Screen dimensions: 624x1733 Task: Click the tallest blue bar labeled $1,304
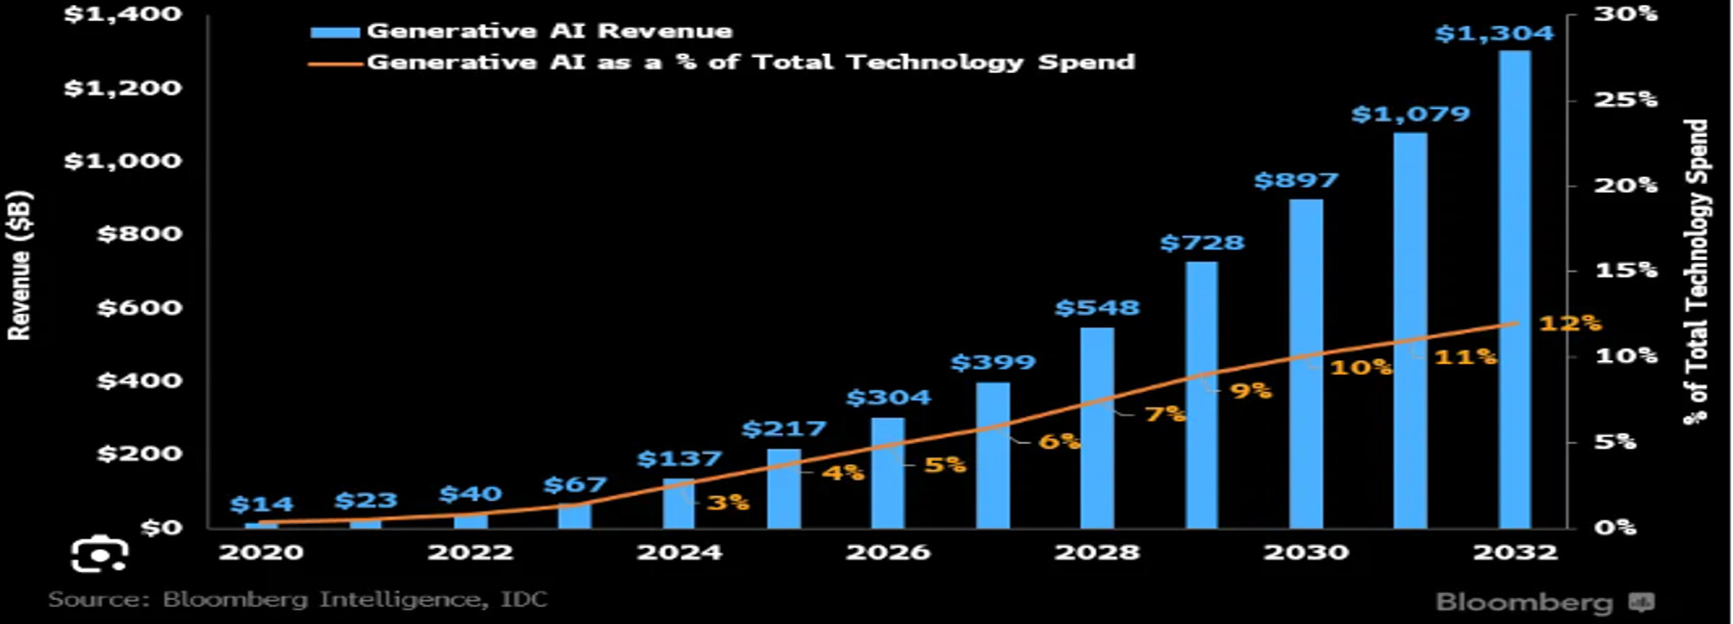[x=1515, y=289]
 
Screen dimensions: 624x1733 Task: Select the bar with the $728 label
[x=1201, y=395]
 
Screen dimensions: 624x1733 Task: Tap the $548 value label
[x=1097, y=308]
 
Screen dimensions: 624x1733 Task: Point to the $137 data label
[x=679, y=459]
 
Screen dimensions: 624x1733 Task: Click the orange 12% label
[x=1569, y=324]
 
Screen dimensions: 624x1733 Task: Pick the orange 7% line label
[x=1164, y=414]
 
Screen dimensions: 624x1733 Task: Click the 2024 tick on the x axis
[x=679, y=553]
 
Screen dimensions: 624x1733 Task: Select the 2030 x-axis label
[x=1306, y=553]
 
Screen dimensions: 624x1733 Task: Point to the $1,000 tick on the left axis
[x=122, y=161]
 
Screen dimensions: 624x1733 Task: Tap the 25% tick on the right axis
[x=1626, y=99]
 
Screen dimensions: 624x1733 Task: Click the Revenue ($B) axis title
[x=20, y=266]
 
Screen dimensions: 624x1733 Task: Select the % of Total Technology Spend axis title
[x=1696, y=272]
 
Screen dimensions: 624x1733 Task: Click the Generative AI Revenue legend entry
[x=549, y=31]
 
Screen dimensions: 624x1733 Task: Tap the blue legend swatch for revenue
[x=335, y=32]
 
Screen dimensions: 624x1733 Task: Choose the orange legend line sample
[x=335, y=64]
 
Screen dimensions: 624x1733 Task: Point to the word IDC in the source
[x=524, y=600]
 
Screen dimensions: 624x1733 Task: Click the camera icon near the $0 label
[x=99, y=555]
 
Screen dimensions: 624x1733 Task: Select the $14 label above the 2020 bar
[x=262, y=505]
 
